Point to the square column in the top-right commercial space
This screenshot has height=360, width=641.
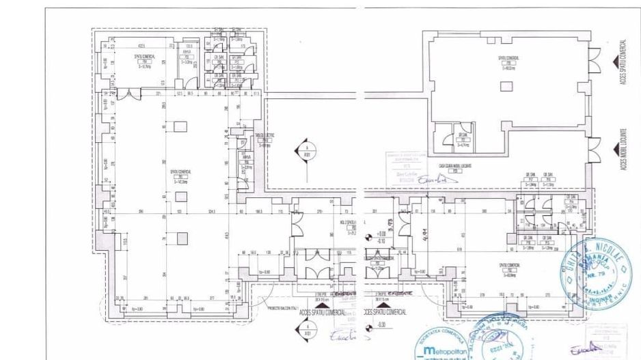pyautogui.click(x=506, y=86)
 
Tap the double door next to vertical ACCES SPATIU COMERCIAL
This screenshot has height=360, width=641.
pyautogui.click(x=597, y=56)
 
